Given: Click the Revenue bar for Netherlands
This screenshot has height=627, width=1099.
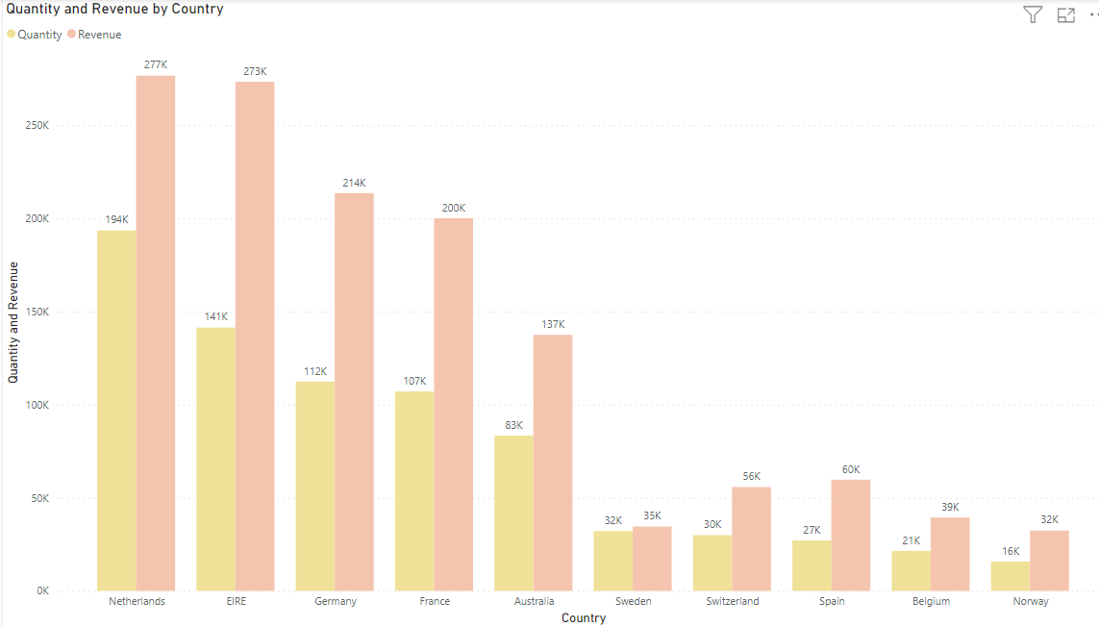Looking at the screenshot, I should tap(155, 333).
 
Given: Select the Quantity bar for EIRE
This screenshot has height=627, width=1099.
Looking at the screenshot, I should tap(215, 460).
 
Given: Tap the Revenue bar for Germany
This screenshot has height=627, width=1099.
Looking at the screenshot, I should tap(354, 392).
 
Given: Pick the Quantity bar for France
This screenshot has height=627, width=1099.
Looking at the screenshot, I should tap(413, 491).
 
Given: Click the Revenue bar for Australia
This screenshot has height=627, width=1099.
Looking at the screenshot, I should tap(553, 463).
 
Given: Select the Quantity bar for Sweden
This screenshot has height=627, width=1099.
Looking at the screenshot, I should tap(612, 562).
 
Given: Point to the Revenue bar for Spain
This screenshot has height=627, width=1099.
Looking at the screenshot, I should tap(850, 536).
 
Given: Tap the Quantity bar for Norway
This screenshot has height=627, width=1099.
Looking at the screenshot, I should tap(1010, 576).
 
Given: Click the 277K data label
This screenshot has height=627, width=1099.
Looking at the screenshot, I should tap(155, 64).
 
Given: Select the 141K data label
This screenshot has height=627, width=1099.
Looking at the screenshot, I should tap(215, 316).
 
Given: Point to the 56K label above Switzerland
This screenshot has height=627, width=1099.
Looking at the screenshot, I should tap(751, 476).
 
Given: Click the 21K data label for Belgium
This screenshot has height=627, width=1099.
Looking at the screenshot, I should tap(911, 540).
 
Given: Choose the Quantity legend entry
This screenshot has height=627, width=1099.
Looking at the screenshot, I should tap(35, 35).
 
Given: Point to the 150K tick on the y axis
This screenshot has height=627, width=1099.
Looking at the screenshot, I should tap(37, 313).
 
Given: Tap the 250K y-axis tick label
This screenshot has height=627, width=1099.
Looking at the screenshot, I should tap(37, 126).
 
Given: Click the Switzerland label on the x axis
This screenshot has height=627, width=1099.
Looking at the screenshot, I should tap(732, 601).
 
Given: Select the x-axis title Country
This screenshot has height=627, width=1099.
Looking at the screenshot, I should tap(584, 618).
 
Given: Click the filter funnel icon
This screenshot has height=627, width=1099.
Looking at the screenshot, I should tap(1033, 14).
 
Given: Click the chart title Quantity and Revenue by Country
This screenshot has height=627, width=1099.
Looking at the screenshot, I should tap(115, 10).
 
